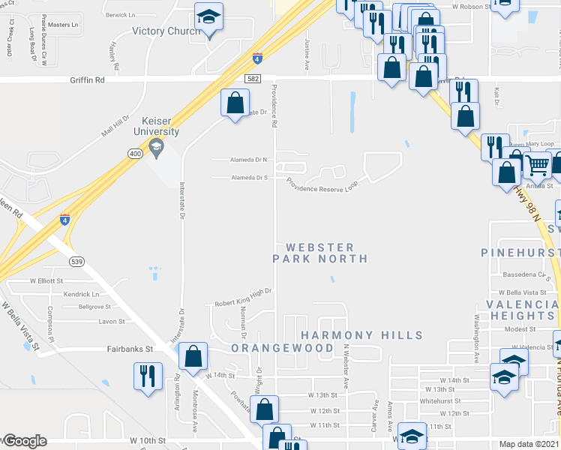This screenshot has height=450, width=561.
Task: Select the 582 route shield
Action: pyautogui.click(x=253, y=78)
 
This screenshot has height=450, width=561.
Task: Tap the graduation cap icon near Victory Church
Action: pyautogui.click(x=208, y=17)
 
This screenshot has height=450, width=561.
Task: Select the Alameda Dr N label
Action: pyautogui.click(x=250, y=160)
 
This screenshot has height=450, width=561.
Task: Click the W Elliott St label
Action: pyautogui.click(x=46, y=280)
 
